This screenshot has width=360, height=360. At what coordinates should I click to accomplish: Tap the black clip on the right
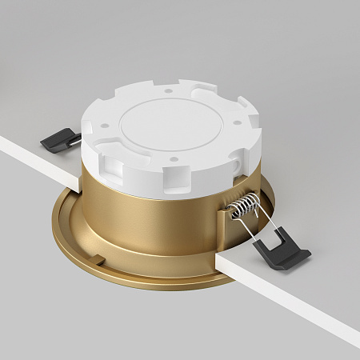[281, 248]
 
